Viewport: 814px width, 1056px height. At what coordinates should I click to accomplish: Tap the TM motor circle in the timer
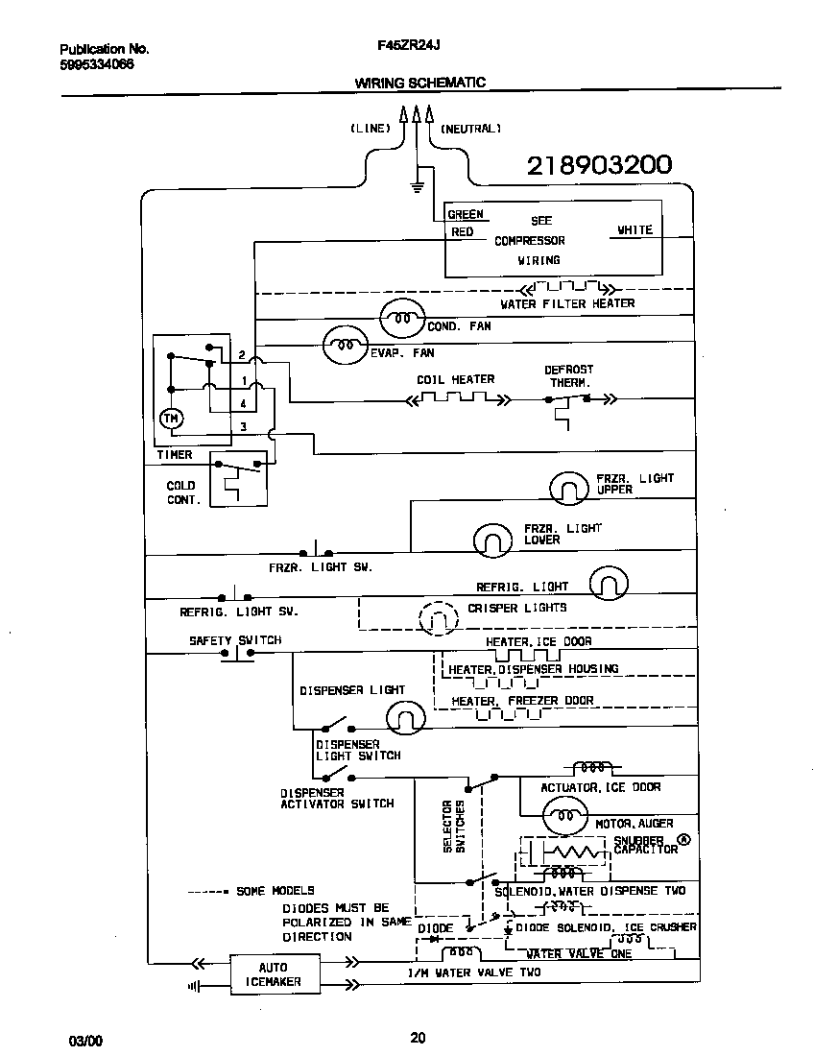170,418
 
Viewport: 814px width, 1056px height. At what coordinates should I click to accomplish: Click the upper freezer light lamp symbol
568,488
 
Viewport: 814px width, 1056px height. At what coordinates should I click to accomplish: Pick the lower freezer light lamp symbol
495,540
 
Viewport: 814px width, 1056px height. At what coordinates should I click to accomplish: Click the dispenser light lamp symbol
406,716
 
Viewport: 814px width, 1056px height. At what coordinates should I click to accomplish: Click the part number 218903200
599,165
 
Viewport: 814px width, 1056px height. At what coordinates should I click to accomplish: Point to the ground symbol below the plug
417,184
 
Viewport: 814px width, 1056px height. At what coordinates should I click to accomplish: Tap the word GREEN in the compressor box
466,215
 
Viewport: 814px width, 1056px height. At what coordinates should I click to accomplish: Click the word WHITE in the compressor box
634,230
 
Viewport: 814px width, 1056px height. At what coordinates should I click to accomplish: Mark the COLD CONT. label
181,493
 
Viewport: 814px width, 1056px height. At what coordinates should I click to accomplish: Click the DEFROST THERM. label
569,375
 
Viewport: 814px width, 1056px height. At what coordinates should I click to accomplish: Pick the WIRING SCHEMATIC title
419,84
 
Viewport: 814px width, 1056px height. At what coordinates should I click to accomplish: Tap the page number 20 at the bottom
417,1037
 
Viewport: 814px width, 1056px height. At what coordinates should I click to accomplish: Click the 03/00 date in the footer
84,1041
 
